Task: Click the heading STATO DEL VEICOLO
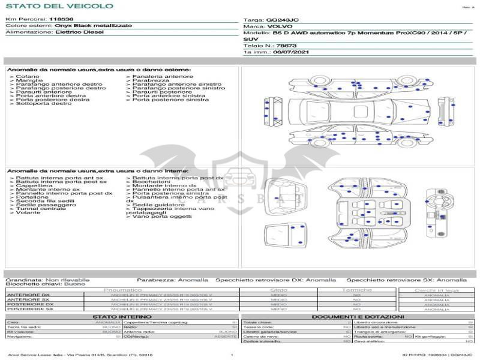(x=59, y=6)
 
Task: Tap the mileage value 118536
(x=61, y=20)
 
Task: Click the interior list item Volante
(x=28, y=213)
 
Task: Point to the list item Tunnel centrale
(x=40, y=209)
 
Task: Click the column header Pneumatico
(x=122, y=290)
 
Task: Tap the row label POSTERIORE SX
(x=30, y=308)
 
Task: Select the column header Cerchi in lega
(x=436, y=290)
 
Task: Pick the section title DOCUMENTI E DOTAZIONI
(x=358, y=316)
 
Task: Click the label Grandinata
(x=24, y=280)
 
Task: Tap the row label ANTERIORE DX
(x=29, y=295)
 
